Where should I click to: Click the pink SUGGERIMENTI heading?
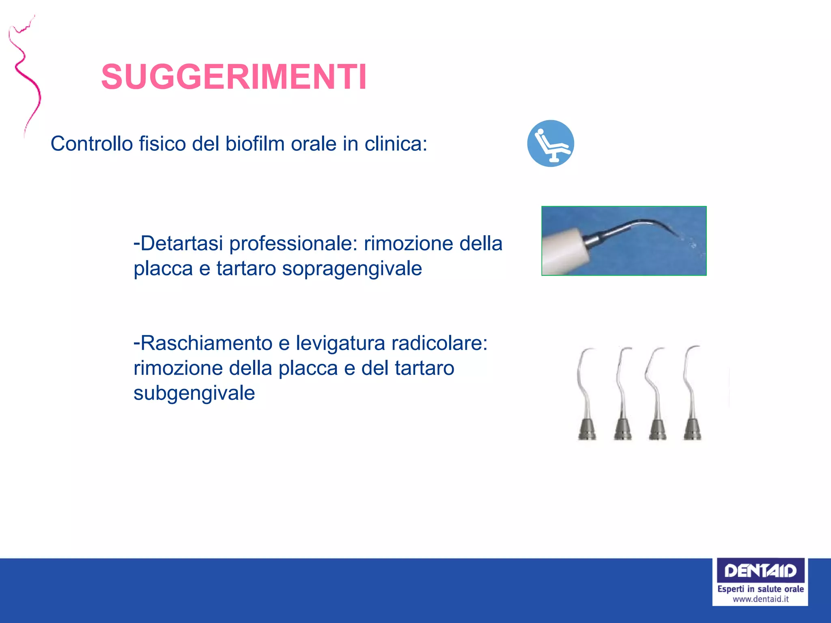[x=234, y=77]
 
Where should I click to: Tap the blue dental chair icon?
[x=550, y=144]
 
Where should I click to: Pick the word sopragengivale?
[x=352, y=269]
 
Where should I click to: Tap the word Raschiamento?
[x=207, y=343]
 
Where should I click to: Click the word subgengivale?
[x=194, y=393]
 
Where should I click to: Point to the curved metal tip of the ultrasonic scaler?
[x=653, y=225]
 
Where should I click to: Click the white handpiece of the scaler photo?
[x=564, y=251]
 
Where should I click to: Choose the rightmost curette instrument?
[x=691, y=393]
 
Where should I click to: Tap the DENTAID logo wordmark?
[x=760, y=571]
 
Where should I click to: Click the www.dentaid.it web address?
[x=760, y=599]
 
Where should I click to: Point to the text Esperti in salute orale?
[x=760, y=589]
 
